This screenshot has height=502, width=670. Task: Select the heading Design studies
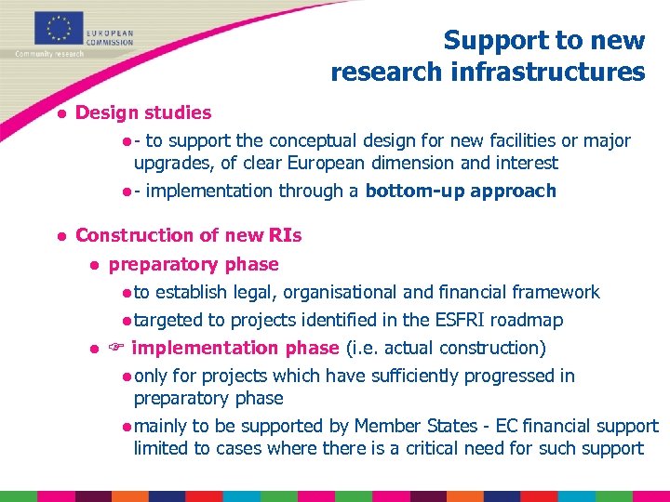(143, 113)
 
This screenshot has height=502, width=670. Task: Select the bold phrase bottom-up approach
(461, 192)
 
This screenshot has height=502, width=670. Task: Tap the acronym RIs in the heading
(283, 236)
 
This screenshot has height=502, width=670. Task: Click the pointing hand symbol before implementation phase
(117, 349)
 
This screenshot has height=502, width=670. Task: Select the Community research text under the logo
(48, 54)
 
